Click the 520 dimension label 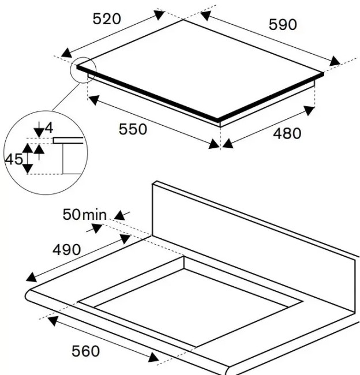(107, 19)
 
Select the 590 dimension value (283, 25)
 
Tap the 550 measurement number (133, 129)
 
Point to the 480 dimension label (287, 134)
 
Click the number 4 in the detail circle (49, 128)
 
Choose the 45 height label (14, 159)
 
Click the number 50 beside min (72, 214)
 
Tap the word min (94, 215)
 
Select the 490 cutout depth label (66, 250)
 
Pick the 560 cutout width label (85, 351)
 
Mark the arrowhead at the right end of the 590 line (335, 62)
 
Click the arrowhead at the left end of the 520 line (66, 53)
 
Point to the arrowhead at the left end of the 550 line (94, 100)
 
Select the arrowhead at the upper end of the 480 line (309, 111)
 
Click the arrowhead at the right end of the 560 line (153, 357)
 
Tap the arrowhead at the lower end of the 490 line (31, 277)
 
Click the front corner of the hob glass (217, 119)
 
